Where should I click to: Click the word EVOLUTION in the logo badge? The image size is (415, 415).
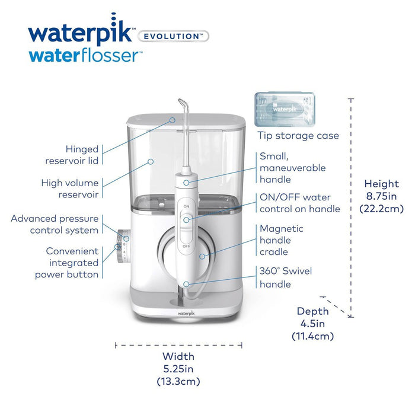tap(173, 36)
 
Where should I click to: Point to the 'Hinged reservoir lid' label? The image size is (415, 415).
tap(72, 155)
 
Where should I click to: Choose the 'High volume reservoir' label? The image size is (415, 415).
tap(69, 189)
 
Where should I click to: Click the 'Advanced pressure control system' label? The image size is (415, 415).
tap(55, 224)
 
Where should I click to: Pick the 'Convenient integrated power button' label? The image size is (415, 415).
tap(66, 263)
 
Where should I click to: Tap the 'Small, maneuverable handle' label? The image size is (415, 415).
tap(292, 168)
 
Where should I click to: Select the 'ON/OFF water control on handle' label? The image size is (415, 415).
tap(300, 203)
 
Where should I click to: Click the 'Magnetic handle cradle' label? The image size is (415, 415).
tap(281, 240)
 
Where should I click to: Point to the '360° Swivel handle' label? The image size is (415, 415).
tap(286, 277)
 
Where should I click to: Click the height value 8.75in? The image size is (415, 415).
tap(382, 196)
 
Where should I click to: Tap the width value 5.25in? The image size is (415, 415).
tap(178, 369)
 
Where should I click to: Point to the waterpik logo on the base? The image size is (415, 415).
tap(186, 309)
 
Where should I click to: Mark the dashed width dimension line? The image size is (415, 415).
tap(178, 344)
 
